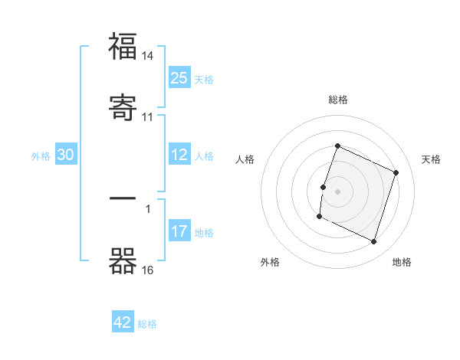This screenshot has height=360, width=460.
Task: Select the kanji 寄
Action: point(123,106)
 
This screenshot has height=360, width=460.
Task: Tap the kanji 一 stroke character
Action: point(123,198)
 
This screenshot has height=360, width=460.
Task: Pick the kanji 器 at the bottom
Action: point(123,260)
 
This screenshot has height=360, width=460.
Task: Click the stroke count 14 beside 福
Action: point(148,56)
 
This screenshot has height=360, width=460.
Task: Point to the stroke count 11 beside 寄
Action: point(148,117)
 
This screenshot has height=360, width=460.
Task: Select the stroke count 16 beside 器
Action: point(148,270)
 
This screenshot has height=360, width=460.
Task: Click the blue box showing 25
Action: point(179,78)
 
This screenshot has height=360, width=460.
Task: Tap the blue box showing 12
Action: point(179,155)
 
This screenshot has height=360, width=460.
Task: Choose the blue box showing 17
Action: point(179,231)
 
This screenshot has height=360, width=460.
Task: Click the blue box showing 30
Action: point(66,155)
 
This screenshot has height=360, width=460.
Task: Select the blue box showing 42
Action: point(123,322)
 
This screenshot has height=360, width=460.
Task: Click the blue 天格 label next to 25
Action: point(204,80)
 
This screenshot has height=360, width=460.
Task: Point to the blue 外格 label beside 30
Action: point(41,156)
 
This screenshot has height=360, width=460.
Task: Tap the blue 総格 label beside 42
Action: point(147,324)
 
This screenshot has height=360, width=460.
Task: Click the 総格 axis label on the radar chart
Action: point(338,100)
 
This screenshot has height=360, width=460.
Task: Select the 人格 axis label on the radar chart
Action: point(245,159)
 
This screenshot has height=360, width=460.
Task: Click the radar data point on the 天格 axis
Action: point(396,172)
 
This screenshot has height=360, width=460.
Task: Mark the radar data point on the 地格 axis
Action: point(374,242)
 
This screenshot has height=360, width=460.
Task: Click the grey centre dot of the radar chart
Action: point(338,191)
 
